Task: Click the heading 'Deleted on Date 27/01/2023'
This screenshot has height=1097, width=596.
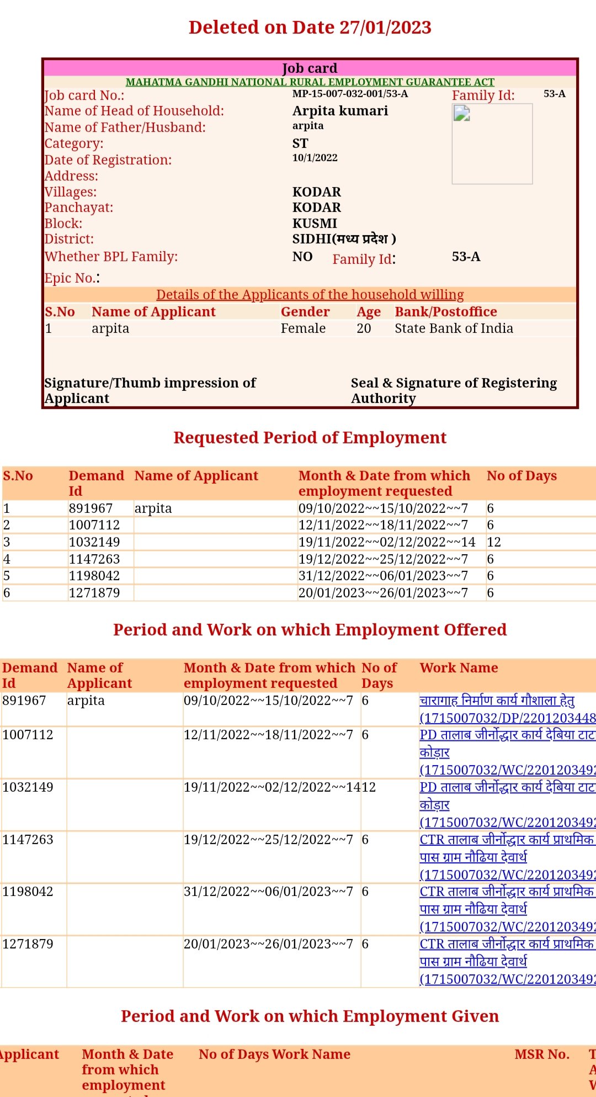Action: click(x=310, y=27)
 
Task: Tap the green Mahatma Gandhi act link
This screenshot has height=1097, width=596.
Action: click(x=310, y=82)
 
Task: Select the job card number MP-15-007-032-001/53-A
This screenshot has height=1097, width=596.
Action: click(x=350, y=94)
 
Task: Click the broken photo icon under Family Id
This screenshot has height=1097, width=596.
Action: click(x=461, y=114)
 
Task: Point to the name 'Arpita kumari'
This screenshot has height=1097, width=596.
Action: click(x=340, y=111)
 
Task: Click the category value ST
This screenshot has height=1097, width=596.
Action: click(x=300, y=144)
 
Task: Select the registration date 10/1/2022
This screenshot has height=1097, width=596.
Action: click(x=315, y=158)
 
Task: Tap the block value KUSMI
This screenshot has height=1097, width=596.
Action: click(x=315, y=224)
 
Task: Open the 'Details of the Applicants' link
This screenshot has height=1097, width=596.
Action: click(x=310, y=295)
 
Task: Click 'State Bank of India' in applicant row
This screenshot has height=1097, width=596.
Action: click(x=454, y=328)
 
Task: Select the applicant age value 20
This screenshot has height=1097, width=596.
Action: click(x=364, y=328)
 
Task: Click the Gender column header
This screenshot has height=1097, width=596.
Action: click(x=305, y=312)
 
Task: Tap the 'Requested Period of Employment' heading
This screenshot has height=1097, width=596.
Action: click(x=310, y=438)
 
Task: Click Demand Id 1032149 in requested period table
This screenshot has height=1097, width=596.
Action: click(x=94, y=542)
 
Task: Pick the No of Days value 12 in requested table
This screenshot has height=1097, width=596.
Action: click(x=493, y=542)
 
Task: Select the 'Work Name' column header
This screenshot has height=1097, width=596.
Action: click(x=459, y=668)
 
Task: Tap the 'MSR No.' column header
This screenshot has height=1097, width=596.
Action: click(x=541, y=1054)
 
